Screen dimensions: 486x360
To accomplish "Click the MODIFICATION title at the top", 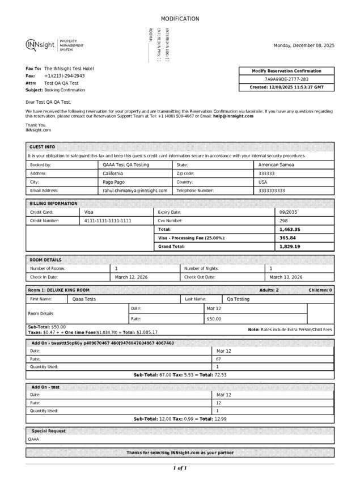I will click(180, 19).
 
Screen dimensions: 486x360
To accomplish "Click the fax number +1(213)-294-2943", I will click(65, 75).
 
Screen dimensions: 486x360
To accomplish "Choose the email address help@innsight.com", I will click(233, 116).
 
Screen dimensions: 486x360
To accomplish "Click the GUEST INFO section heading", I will click(42, 146).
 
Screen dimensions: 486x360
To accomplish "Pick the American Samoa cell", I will click(276, 164).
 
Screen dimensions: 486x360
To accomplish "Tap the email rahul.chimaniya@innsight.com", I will click(135, 191).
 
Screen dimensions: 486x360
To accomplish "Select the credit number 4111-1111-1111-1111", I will click(108, 221).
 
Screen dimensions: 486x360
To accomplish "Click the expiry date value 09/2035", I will click(289, 212).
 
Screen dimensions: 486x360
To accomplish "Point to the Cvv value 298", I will click(283, 221).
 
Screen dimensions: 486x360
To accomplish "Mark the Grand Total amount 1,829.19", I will click(290, 247).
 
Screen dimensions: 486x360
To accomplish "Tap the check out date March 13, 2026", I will click(286, 277).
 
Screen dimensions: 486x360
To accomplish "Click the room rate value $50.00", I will click(214, 319).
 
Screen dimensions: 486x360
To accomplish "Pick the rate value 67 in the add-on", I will click(218, 359).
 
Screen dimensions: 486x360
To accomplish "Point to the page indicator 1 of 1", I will click(180, 468).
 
